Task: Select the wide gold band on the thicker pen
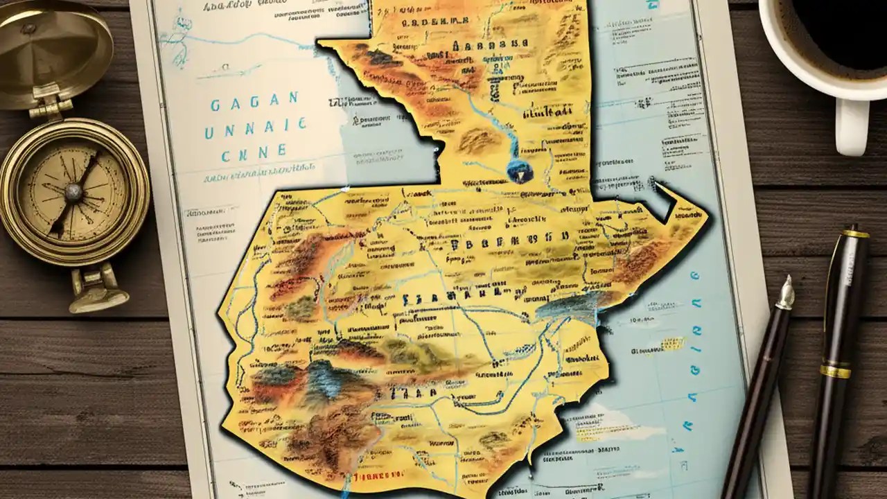[x=835, y=371]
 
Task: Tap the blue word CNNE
[x=254, y=151]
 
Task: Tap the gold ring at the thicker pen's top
[x=856, y=234]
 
